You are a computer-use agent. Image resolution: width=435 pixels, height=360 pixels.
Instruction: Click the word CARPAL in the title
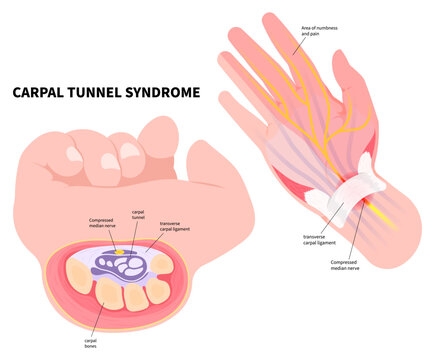coord(43,93)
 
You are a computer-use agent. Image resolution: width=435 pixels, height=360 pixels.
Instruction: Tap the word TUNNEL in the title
coord(101,93)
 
